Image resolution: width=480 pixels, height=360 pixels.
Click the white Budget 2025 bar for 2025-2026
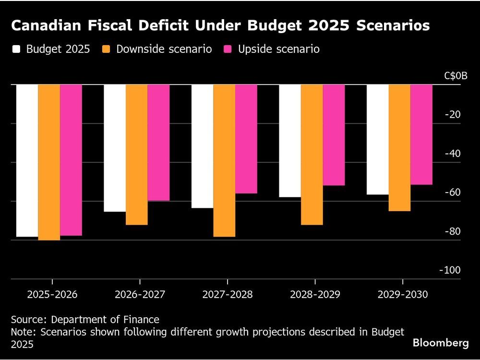[x=27, y=161]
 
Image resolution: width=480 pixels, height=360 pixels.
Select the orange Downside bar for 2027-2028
[x=224, y=161]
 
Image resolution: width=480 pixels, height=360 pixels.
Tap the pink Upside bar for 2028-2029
[x=334, y=135]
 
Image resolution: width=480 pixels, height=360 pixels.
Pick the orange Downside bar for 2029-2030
[x=399, y=148]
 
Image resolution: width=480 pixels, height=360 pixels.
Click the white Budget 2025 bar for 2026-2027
[x=115, y=148]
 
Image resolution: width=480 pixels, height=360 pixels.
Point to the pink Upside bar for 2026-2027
[x=158, y=143]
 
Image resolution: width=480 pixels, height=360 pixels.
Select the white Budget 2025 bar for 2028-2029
[x=290, y=141]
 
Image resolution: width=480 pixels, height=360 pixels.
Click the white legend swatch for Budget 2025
[x=17, y=49]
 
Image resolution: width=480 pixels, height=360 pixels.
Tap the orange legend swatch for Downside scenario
[x=107, y=49]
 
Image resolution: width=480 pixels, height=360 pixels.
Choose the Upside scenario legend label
[x=279, y=49]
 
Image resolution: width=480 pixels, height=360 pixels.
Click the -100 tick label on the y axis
[x=450, y=270]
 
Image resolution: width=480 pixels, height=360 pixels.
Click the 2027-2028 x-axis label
[x=227, y=294]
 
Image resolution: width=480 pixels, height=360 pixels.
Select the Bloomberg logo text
[x=441, y=343]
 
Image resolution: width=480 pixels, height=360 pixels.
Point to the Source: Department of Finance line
[x=85, y=319]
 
